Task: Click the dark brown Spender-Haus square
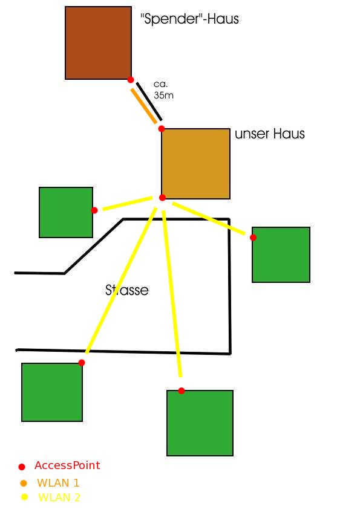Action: tap(98, 43)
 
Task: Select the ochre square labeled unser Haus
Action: tap(195, 164)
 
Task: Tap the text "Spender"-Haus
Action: tap(190, 19)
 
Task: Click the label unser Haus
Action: tap(270, 134)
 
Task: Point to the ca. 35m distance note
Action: tap(163, 89)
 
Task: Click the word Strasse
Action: tap(126, 290)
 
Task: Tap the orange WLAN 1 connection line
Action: tap(143, 106)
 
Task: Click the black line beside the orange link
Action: tap(149, 102)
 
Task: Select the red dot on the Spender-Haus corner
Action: tap(131, 80)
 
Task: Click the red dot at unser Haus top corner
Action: tap(162, 129)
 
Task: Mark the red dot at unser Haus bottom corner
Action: tap(163, 198)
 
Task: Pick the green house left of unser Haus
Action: tap(66, 212)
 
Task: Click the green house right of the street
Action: tap(281, 255)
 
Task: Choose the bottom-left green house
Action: tap(52, 392)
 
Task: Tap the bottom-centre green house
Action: tap(200, 423)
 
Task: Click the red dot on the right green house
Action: tap(253, 238)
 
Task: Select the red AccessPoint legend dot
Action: tap(22, 467)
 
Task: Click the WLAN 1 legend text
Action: tap(59, 483)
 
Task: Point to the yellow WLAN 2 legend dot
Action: tap(24, 497)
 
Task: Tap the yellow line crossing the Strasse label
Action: tap(121, 280)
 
